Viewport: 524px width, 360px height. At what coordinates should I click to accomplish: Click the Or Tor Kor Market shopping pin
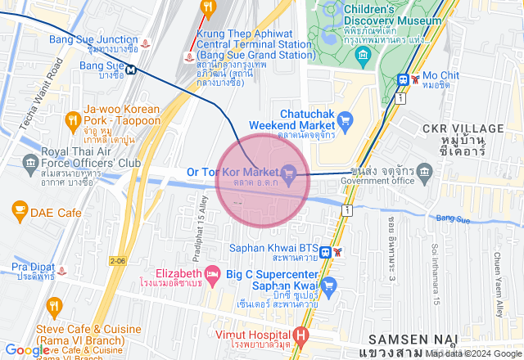tap(288, 172)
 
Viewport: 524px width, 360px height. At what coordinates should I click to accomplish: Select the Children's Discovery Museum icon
tap(364, 56)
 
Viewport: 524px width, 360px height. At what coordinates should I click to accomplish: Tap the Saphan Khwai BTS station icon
tap(325, 252)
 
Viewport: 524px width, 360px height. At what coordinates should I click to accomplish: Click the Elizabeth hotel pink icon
tap(212, 272)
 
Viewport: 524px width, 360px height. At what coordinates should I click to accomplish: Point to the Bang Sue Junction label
tap(93, 39)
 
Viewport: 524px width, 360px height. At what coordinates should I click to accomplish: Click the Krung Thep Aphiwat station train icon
tap(190, 57)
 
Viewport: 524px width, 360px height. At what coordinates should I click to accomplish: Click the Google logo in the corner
tap(27, 350)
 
